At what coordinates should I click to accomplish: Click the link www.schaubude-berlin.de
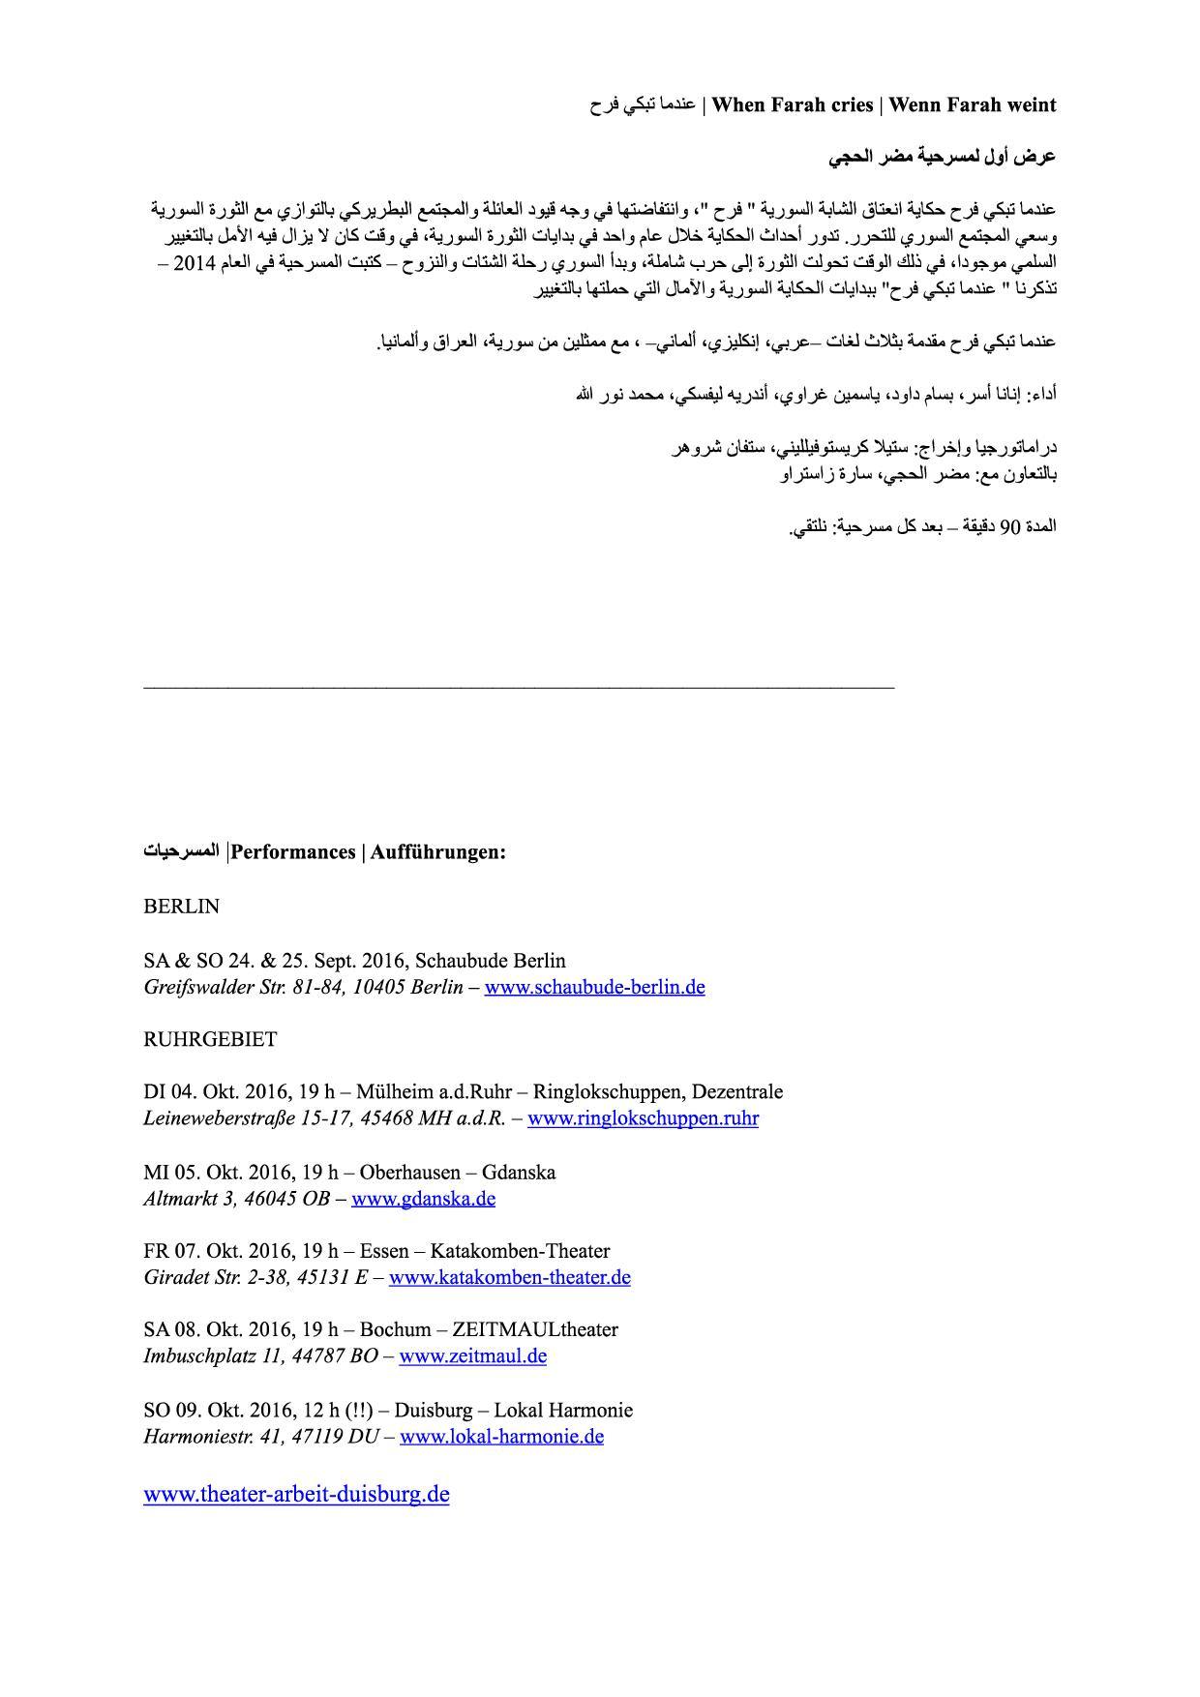point(594,987)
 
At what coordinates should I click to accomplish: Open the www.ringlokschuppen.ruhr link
point(643,1118)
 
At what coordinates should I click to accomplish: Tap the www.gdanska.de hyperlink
point(423,1199)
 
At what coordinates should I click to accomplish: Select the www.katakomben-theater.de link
point(509,1277)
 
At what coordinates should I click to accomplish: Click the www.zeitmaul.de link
point(472,1355)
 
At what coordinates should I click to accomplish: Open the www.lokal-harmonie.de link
point(501,1436)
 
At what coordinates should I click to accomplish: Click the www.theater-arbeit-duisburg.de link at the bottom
point(296,1494)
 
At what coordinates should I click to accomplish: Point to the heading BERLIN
point(181,907)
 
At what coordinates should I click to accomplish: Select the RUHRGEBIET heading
point(210,1039)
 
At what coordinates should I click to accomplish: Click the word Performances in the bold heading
point(293,852)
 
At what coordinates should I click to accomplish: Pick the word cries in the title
point(847,104)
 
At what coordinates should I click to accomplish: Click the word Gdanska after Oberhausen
point(519,1173)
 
